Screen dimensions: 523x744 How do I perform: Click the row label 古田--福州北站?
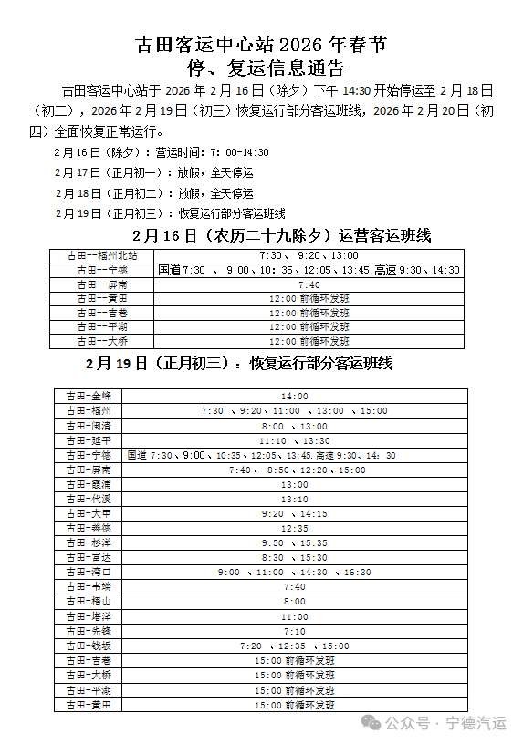[x=102, y=256]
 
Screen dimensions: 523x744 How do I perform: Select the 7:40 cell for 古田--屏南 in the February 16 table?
[x=309, y=284]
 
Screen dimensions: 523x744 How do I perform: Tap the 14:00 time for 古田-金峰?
[x=295, y=397]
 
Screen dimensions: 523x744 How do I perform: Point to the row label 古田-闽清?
[x=89, y=426]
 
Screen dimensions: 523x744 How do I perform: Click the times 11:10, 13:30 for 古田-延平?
[x=295, y=440]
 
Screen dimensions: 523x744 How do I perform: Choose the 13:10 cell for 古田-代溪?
[x=295, y=499]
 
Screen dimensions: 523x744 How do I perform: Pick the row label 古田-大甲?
[x=89, y=513]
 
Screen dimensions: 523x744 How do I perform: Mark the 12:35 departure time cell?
[x=295, y=528]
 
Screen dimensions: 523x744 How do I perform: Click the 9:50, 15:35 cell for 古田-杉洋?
[x=295, y=542]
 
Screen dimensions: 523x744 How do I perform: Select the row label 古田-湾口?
[x=89, y=572]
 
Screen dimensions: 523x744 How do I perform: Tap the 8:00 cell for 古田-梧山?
[x=295, y=602]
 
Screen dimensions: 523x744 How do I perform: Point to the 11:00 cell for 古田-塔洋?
[x=295, y=616]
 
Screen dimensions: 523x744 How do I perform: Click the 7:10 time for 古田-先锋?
[x=295, y=631]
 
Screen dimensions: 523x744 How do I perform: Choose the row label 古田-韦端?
[x=89, y=586]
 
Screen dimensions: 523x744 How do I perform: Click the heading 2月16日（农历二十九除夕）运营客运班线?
[x=261, y=235]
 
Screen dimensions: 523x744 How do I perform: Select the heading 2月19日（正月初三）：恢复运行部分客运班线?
[x=239, y=363]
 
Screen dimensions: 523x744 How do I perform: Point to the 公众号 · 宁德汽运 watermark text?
[x=445, y=722]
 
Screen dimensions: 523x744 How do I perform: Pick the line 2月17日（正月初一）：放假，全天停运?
[x=153, y=172]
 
